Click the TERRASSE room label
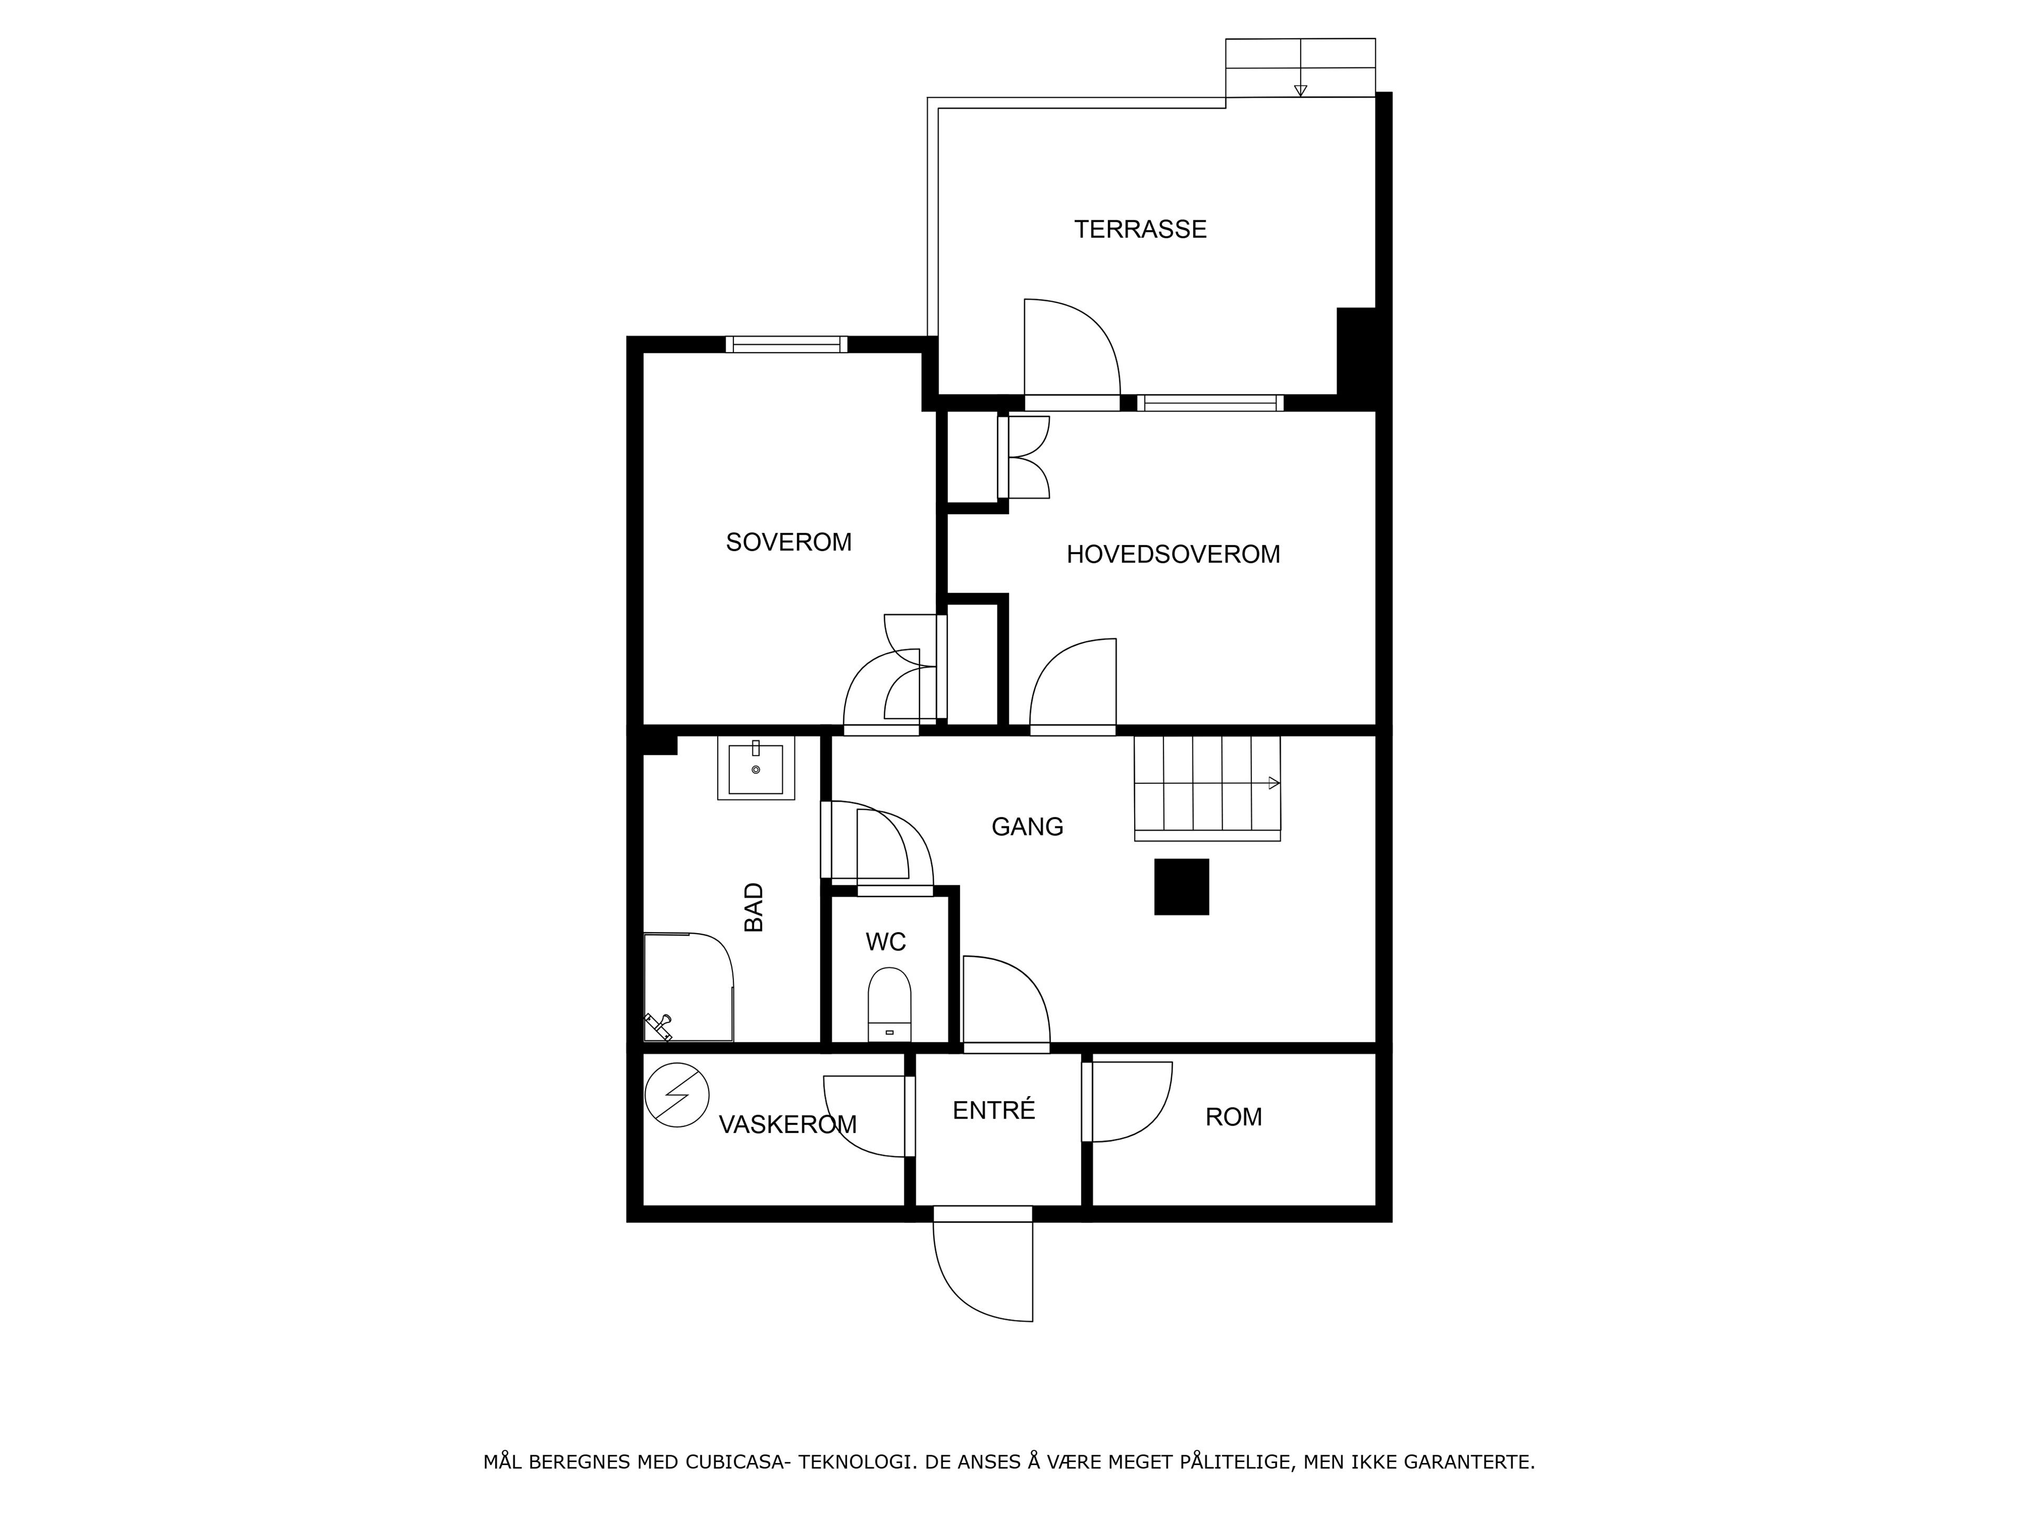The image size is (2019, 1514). click(1140, 229)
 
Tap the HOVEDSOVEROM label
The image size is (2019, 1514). click(1173, 554)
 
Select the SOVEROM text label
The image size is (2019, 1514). click(789, 542)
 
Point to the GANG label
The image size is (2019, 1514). click(1028, 827)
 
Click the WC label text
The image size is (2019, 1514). click(885, 942)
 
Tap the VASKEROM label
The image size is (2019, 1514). click(788, 1125)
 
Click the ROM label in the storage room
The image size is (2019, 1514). click(1234, 1117)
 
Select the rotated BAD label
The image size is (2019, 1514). click(754, 907)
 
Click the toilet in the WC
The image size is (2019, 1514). click(889, 1005)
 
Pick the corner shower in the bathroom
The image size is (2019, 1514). click(689, 987)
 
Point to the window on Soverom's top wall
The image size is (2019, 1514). click(787, 344)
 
